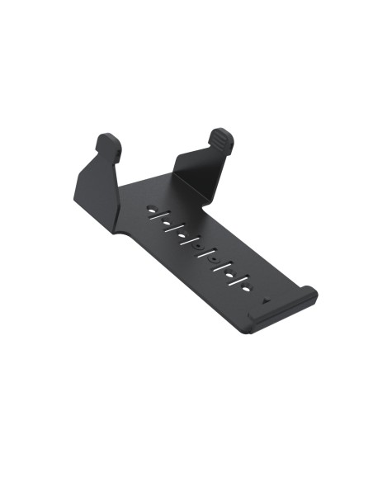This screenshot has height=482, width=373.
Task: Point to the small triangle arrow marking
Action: pos(264,300)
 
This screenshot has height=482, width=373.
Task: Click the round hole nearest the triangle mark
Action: pos(245,286)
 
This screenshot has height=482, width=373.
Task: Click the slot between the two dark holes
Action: pos(206,253)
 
